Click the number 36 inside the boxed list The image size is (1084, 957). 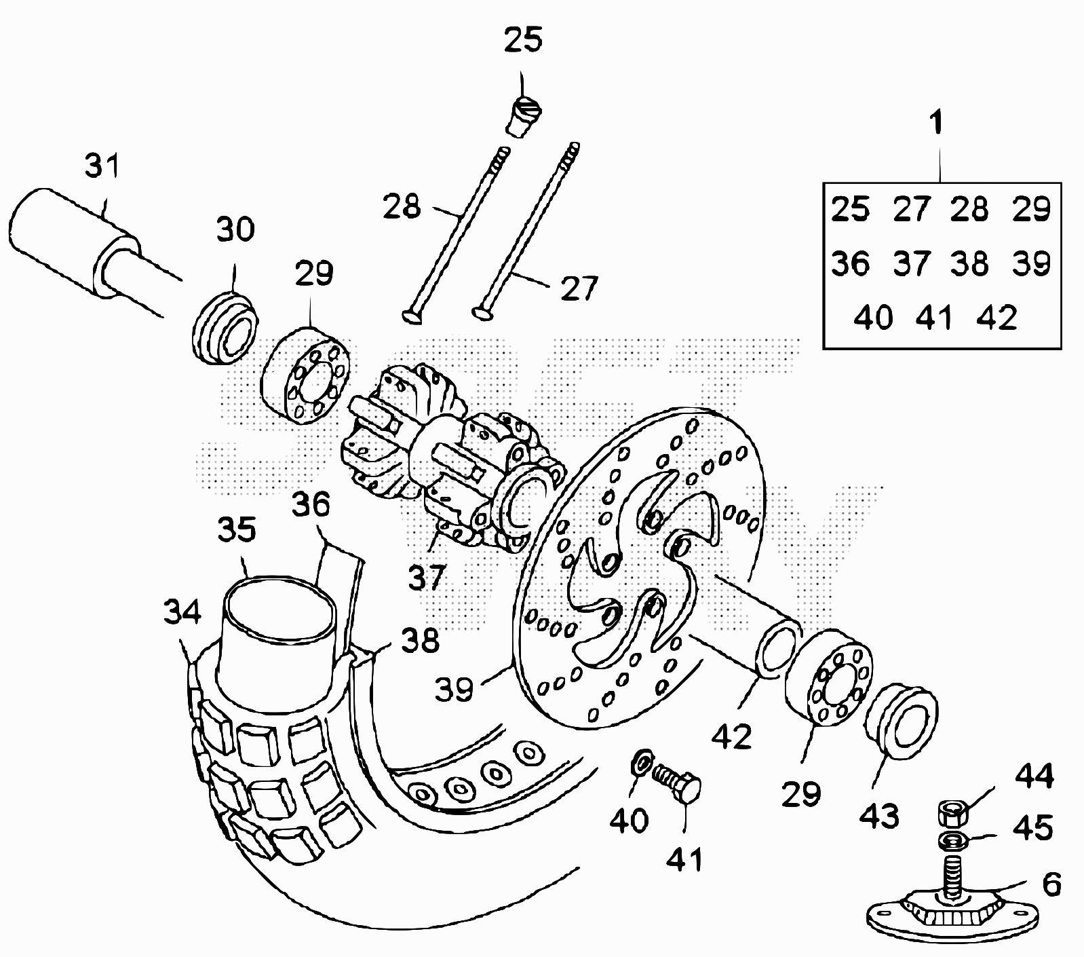click(x=851, y=263)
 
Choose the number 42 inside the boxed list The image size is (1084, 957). click(x=996, y=318)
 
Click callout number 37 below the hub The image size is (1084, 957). click(x=427, y=577)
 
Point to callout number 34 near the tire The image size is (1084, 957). click(x=182, y=612)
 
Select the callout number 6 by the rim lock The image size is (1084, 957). click(x=1051, y=885)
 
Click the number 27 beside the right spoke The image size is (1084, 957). click(x=579, y=288)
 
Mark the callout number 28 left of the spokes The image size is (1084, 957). click(x=402, y=206)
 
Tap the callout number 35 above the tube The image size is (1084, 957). click(x=237, y=529)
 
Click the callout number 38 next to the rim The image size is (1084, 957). click(x=420, y=640)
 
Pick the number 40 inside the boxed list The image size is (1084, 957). click(x=873, y=318)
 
